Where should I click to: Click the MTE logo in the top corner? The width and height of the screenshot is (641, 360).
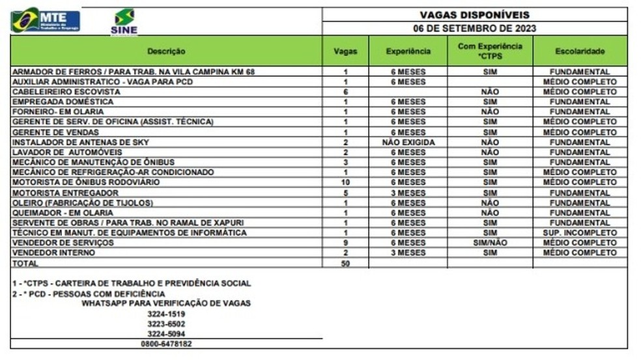(46, 20)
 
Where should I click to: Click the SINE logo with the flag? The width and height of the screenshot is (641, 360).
(124, 21)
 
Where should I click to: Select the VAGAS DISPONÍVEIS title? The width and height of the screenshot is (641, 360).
(474, 14)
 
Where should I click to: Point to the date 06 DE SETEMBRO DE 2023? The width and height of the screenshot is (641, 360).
(474, 28)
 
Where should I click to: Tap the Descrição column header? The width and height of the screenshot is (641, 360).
(166, 51)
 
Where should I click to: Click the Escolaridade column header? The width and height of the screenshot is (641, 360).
(580, 51)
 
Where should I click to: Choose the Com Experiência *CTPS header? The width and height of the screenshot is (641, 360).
(490, 51)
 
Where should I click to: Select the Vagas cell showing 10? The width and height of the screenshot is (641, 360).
(345, 182)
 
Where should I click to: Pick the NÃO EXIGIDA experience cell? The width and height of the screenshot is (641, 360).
(408, 142)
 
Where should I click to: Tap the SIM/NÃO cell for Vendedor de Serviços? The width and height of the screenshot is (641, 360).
(490, 243)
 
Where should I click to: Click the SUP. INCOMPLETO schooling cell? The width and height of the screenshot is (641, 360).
(580, 232)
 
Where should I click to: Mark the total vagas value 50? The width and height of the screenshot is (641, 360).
(345, 263)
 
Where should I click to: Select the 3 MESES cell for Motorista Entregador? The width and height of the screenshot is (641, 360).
(408, 193)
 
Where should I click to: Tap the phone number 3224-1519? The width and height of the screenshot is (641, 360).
(166, 314)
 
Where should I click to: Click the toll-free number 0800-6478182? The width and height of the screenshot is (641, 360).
(166, 343)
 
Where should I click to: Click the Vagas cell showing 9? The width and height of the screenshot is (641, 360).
(345, 243)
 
